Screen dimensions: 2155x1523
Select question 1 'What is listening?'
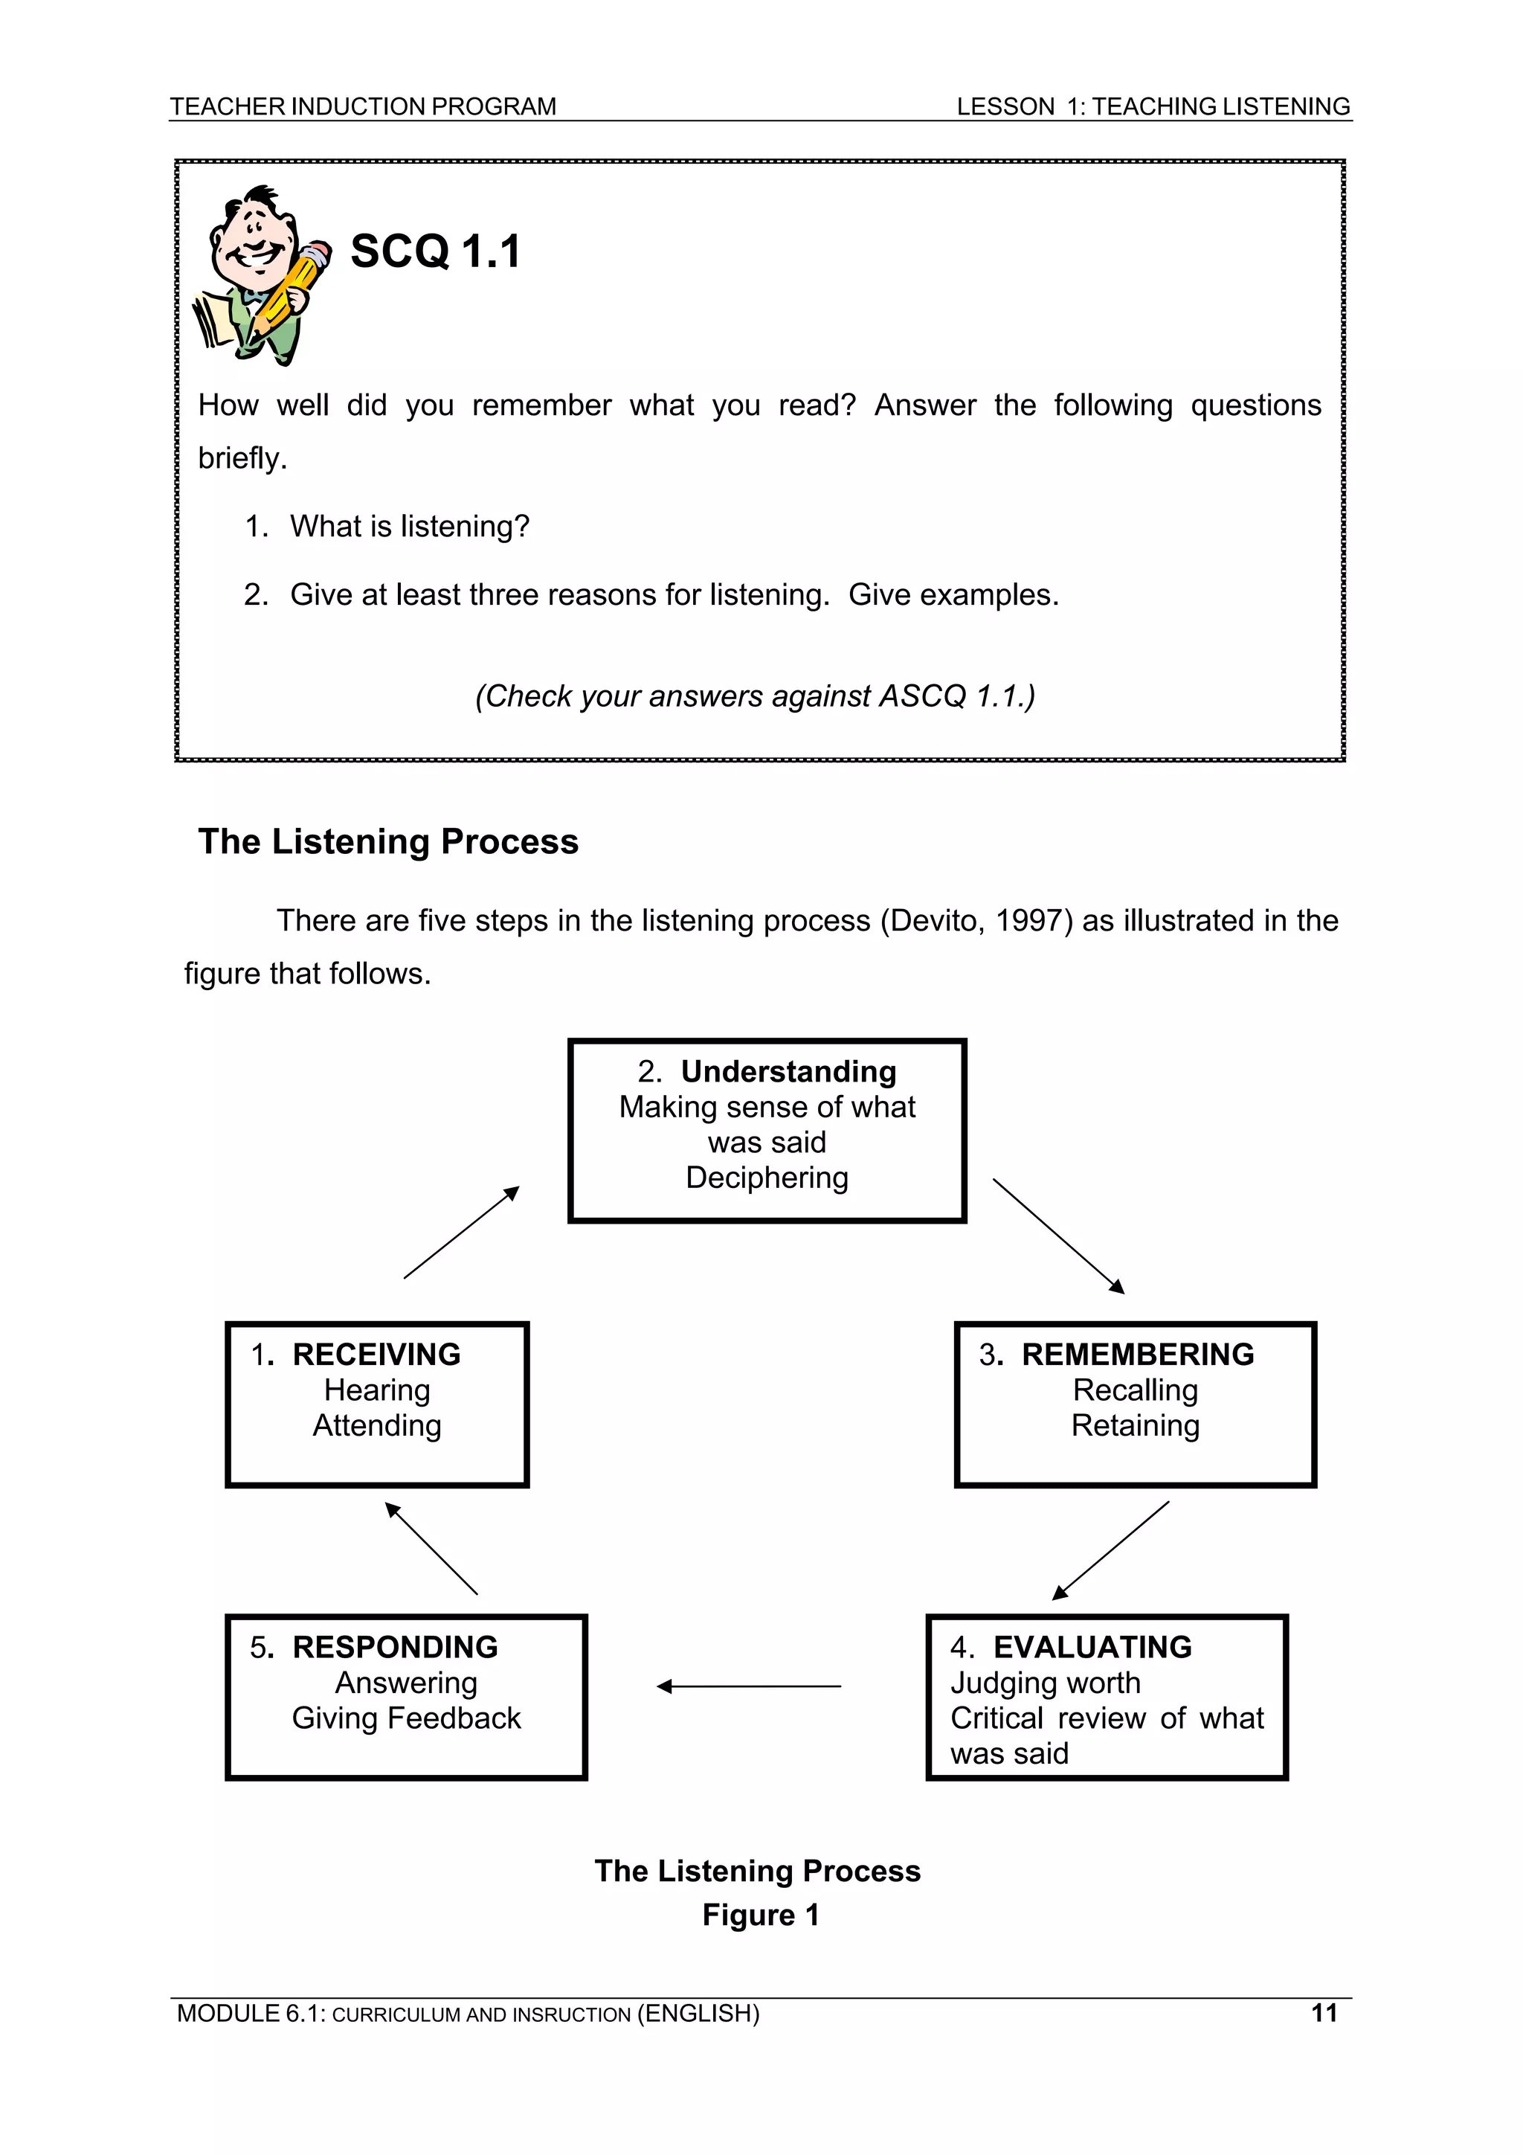409,527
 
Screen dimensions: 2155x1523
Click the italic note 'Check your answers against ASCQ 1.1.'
755,696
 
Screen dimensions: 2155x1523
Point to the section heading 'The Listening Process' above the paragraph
387,842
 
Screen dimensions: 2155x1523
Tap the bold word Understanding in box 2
788,1071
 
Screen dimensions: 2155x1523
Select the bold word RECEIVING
376,1355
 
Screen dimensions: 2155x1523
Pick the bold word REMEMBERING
1137,1355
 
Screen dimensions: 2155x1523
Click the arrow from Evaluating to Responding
748,1686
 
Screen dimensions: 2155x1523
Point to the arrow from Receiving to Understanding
461,1233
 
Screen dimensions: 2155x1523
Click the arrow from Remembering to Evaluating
1111,1550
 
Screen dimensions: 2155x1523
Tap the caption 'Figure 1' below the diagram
760,1915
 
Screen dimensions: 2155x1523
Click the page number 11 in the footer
1323,2012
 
